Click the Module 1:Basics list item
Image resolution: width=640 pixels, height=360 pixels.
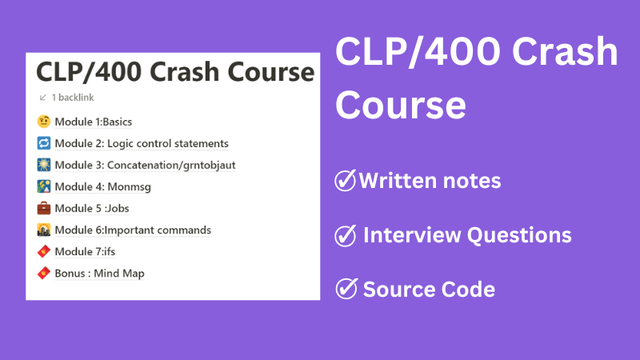[x=93, y=122]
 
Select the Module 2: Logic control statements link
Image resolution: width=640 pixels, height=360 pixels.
[x=142, y=144]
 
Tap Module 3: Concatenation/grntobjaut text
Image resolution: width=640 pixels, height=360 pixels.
[x=145, y=166]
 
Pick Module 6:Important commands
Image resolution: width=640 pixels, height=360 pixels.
[x=133, y=230]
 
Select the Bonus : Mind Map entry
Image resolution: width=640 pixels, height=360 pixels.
[x=99, y=274]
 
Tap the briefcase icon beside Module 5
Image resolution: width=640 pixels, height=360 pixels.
[x=44, y=209]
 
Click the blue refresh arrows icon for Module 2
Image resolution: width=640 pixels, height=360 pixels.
[x=44, y=144]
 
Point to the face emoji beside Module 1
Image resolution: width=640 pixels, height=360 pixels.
[x=44, y=122]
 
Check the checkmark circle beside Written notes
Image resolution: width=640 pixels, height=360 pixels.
[x=345, y=181]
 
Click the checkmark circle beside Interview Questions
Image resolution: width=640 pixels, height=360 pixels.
[x=345, y=235]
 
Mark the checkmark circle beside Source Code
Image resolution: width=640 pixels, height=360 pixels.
[x=345, y=289]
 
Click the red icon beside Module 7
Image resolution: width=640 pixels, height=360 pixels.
[x=44, y=252]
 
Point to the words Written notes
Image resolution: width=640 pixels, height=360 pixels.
[x=430, y=181]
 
